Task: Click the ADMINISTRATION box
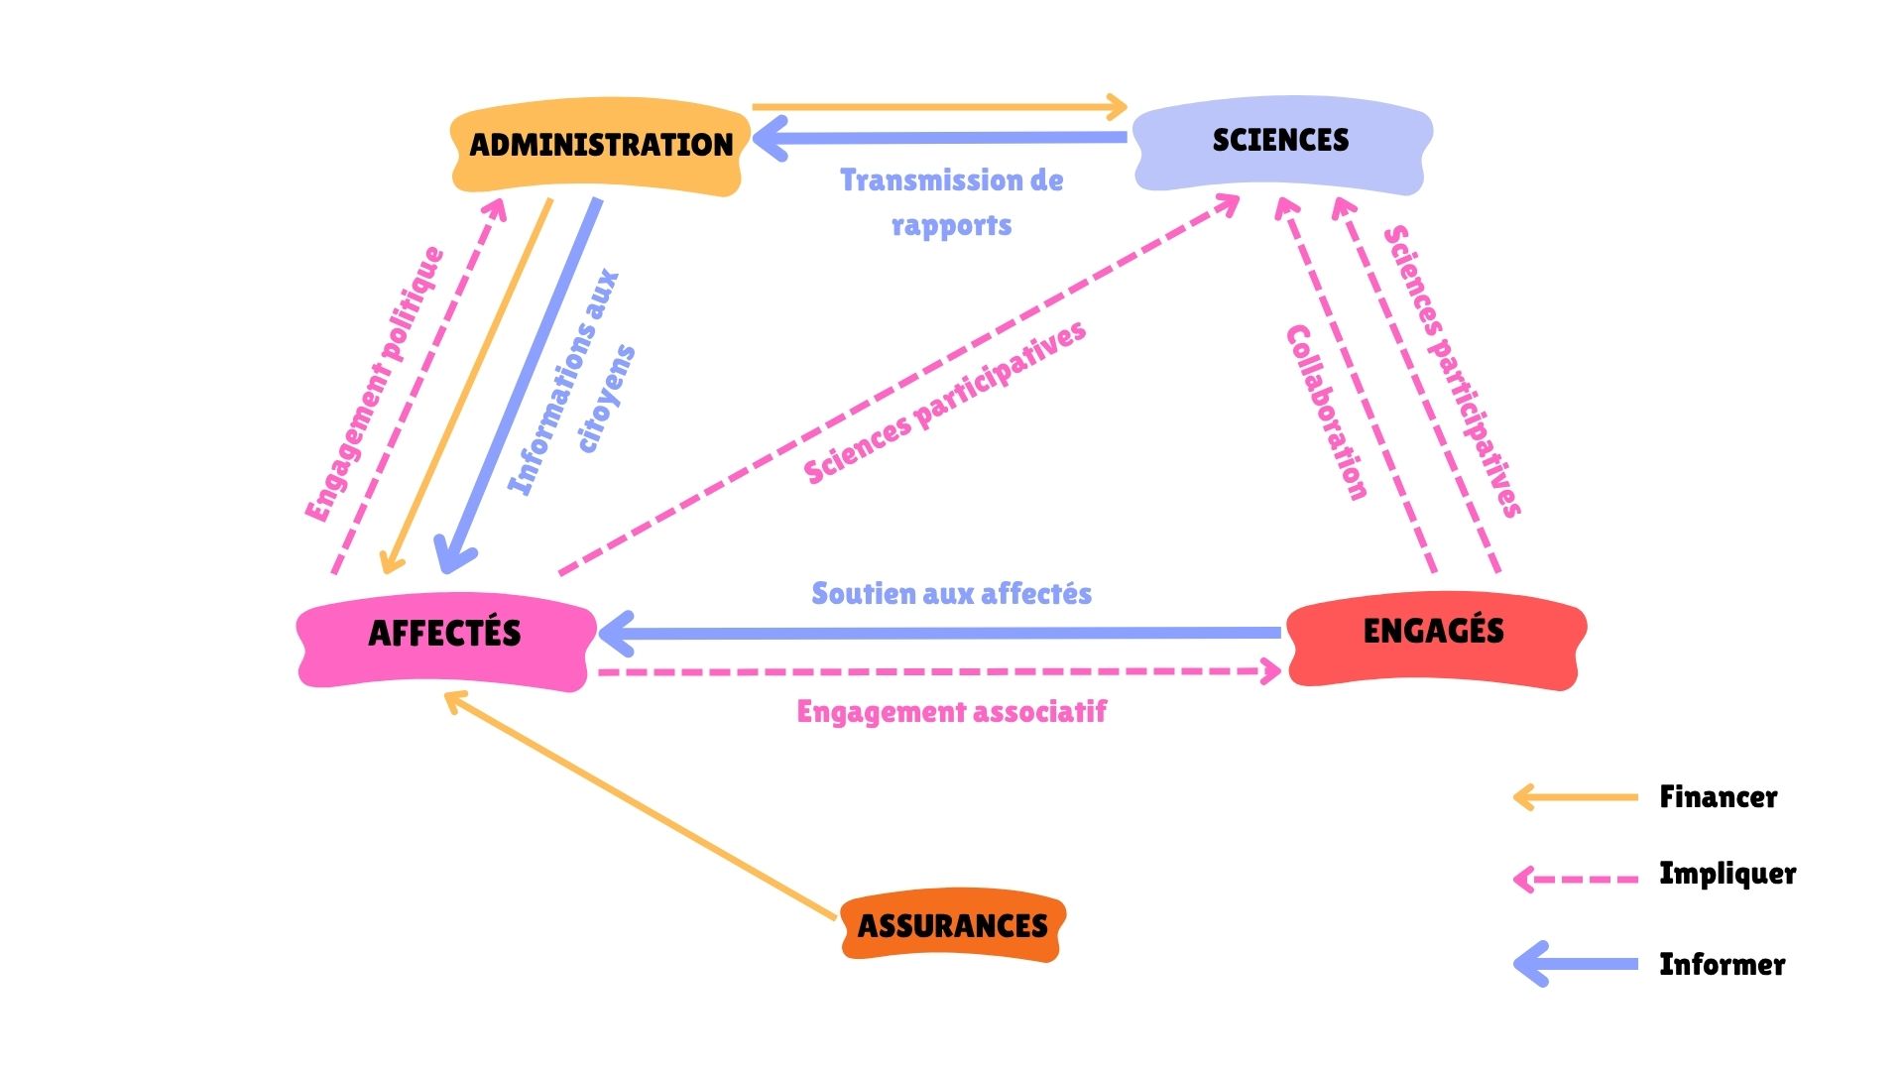coord(600,145)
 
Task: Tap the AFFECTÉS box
coord(445,634)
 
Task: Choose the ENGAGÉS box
coord(1434,632)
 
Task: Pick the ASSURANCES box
coord(952,925)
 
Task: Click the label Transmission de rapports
coord(951,202)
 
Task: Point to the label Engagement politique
coord(374,385)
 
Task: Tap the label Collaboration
coord(1326,412)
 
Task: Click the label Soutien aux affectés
coord(951,594)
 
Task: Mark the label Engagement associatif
coord(951,712)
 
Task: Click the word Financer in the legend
coord(1719,797)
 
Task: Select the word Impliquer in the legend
coord(1727,874)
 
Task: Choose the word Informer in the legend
coord(1723,965)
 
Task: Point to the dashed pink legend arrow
coord(1577,879)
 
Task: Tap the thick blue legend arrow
coord(1577,964)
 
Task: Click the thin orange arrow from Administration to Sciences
coord(937,106)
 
